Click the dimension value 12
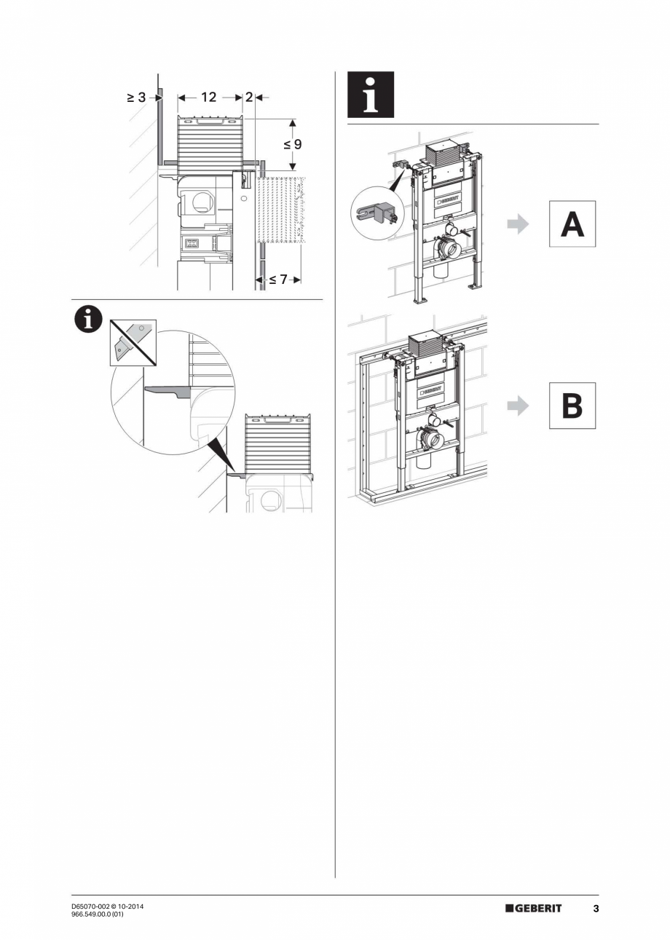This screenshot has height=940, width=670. coord(209,97)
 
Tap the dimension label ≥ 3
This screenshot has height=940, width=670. coord(137,97)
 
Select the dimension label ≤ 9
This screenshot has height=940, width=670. coord(293,144)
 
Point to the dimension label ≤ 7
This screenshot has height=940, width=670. coord(278,279)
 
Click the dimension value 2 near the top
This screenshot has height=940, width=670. coord(249,97)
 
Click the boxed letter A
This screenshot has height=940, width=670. coord(572,224)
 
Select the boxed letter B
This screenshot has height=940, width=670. coord(572,406)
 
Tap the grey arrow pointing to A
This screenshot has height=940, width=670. coord(518,224)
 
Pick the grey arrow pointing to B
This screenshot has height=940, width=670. coord(518,406)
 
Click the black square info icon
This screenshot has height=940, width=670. coord(371,95)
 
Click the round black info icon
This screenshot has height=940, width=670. coord(88,320)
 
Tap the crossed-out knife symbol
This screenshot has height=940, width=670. coord(132,341)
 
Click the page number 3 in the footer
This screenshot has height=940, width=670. coord(596,908)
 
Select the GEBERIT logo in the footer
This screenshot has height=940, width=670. coord(534,908)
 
